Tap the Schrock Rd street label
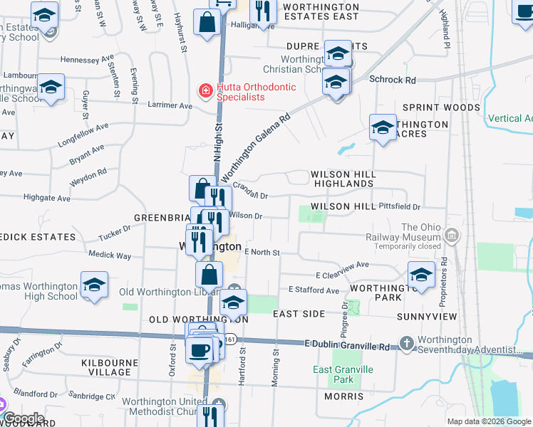click(392, 80)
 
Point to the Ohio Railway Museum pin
click(451, 235)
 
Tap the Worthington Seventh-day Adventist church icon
click(406, 344)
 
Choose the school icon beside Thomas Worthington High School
click(94, 285)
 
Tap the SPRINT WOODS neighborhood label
click(442, 107)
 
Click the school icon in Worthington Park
click(421, 275)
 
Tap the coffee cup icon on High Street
click(199, 349)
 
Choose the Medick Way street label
click(110, 255)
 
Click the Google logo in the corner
click(24, 418)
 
